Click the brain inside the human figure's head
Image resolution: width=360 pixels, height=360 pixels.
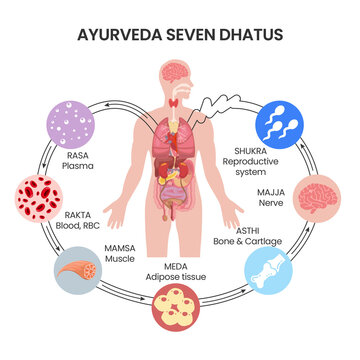click(180, 71)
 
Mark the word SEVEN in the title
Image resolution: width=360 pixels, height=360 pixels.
click(186, 33)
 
